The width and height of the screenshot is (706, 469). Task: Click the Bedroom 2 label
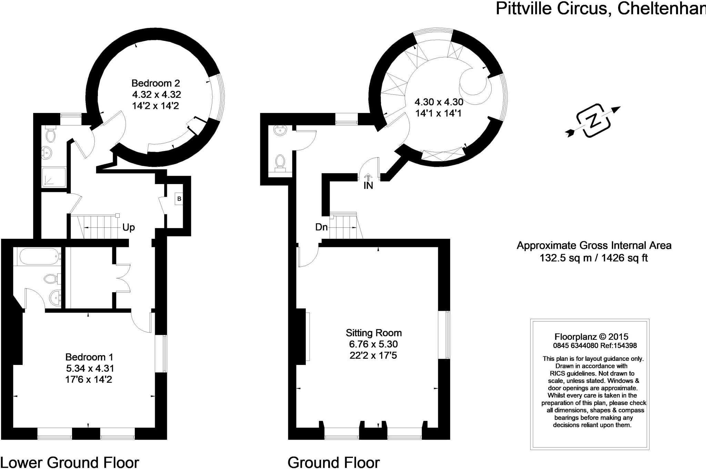point(156,83)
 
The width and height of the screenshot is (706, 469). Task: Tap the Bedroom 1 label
point(89,357)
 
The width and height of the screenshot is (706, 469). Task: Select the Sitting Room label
point(374,333)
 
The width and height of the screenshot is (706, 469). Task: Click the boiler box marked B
point(179,199)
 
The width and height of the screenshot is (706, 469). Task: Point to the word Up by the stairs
point(129,227)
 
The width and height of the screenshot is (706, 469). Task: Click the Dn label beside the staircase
point(321,227)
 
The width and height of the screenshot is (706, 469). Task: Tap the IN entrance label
point(368,186)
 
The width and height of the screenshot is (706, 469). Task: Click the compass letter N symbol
point(593,121)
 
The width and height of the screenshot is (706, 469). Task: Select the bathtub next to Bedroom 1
point(38,256)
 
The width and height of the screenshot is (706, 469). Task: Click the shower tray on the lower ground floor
point(54,177)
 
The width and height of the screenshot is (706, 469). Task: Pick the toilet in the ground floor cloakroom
point(280,163)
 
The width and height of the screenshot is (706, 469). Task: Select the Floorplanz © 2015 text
point(591,337)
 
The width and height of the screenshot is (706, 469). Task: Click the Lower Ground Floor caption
point(70,462)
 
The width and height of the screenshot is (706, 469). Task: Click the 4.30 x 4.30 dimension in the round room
point(438,102)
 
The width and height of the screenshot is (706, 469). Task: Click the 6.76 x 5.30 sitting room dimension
point(373,344)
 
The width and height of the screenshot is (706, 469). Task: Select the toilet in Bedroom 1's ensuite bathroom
point(51,278)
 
